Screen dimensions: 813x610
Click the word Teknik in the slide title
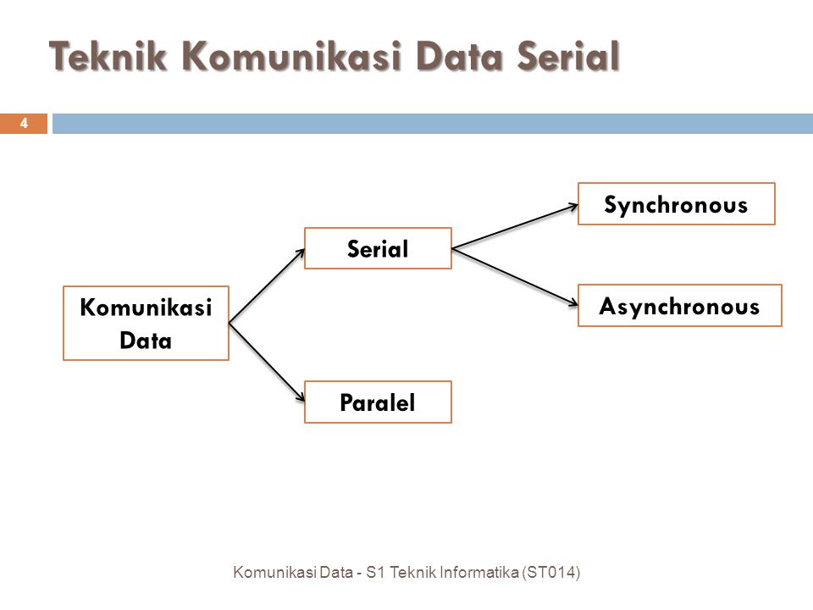[108, 56]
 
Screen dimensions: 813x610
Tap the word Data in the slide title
[459, 56]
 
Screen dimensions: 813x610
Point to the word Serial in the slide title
[568, 56]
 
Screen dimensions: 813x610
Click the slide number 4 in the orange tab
[24, 124]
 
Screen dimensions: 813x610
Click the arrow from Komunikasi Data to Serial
[267, 286]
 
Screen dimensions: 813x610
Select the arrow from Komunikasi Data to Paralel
[267, 362]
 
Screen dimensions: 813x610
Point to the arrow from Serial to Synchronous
[515, 227]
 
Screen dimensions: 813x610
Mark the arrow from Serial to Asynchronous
[515, 277]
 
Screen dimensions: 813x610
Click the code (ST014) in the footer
[551, 572]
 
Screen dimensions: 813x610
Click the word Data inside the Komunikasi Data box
[146, 341]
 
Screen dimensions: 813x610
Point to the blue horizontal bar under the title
[433, 124]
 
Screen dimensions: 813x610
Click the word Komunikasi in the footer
[274, 572]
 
